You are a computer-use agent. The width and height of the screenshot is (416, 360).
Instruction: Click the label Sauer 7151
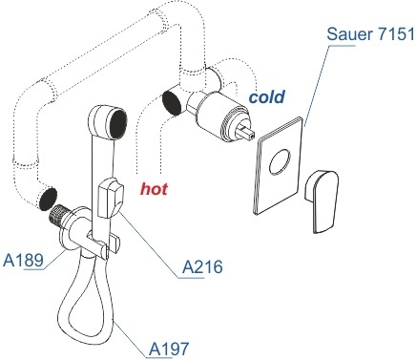[x=371, y=34]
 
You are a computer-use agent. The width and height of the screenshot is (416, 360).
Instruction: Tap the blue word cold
[x=266, y=96]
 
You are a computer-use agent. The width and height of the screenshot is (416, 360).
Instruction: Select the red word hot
[x=154, y=189]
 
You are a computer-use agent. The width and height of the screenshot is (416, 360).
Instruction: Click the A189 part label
[x=23, y=261]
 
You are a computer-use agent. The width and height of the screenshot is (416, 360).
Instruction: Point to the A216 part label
[x=202, y=266]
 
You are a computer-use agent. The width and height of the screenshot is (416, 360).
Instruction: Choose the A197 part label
[x=169, y=349]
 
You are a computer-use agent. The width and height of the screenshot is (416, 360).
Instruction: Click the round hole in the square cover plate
[x=280, y=161]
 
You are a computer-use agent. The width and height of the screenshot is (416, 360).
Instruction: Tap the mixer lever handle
[x=322, y=201]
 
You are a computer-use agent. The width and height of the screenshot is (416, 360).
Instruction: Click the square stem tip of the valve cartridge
[x=248, y=133]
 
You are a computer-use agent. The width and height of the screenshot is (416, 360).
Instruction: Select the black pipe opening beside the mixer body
[x=172, y=102]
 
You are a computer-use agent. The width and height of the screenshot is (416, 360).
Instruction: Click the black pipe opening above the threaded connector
[x=48, y=199]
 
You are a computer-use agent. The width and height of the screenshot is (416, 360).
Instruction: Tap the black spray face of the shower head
[x=118, y=124]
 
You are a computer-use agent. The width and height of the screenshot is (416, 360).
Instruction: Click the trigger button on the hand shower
[x=110, y=198]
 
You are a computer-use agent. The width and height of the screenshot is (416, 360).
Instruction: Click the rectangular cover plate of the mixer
[x=279, y=165]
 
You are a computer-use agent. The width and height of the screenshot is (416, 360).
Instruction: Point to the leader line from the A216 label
[x=150, y=244]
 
